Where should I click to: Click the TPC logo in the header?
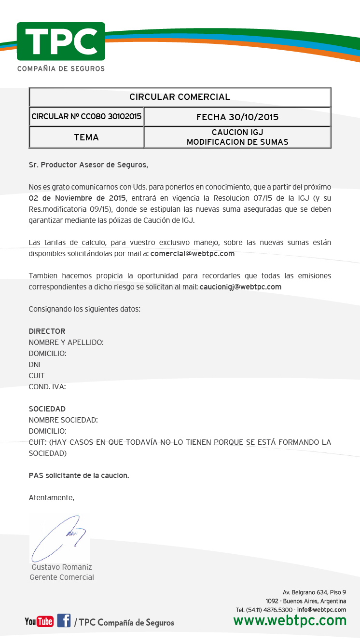(x=61, y=41)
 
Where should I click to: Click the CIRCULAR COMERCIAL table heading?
(x=180, y=97)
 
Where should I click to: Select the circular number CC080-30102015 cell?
(x=86, y=117)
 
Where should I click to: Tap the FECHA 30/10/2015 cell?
(x=237, y=117)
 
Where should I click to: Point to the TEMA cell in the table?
(x=86, y=137)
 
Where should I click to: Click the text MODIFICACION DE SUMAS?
(x=237, y=142)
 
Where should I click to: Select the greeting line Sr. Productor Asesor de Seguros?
(x=88, y=165)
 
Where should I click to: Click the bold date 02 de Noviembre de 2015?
(x=77, y=198)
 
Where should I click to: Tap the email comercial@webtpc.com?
(x=193, y=253)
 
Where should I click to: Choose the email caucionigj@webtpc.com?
(x=240, y=287)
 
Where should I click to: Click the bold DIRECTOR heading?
(x=47, y=331)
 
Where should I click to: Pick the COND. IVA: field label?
(x=47, y=386)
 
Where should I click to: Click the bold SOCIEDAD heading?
(x=47, y=409)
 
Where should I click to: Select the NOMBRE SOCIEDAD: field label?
(x=63, y=420)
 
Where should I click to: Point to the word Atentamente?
(x=51, y=497)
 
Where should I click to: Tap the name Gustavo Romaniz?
(x=62, y=567)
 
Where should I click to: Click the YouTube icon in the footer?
(x=39, y=622)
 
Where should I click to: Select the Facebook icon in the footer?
(x=64, y=621)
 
